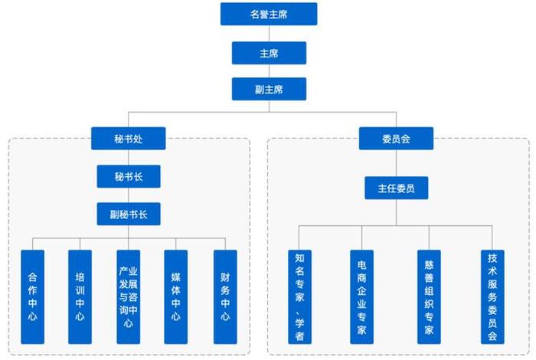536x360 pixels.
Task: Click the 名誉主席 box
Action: pyautogui.click(x=268, y=14)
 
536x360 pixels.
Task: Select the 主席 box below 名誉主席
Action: pyautogui.click(x=268, y=52)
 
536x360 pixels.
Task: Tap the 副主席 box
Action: pyautogui.click(x=268, y=89)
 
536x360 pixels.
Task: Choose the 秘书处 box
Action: pyautogui.click(x=129, y=139)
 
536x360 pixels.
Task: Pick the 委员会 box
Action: pyautogui.click(x=396, y=139)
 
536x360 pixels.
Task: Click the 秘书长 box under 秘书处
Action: pyautogui.click(x=129, y=176)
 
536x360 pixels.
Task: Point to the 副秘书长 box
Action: pyautogui.click(x=129, y=214)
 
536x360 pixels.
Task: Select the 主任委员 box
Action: pyautogui.click(x=396, y=188)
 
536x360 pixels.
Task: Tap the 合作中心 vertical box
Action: pyautogui.click(x=32, y=296)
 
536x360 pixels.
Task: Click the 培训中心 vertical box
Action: pyautogui.click(x=80, y=296)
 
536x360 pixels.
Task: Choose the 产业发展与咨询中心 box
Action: pyautogui.click(x=128, y=296)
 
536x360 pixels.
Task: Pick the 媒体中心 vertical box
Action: pyautogui.click(x=176, y=296)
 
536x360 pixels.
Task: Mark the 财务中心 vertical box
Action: pyautogui.click(x=225, y=296)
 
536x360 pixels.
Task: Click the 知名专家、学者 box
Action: pyautogui.click(x=299, y=296)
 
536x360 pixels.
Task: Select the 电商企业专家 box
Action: pyautogui.click(x=362, y=296)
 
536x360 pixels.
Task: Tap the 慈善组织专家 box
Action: pyautogui.click(x=429, y=296)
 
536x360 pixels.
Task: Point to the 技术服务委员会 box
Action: pyautogui.click(x=492, y=296)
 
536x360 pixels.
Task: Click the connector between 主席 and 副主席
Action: pyautogui.click(x=268, y=70)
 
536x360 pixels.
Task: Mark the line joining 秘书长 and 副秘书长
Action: pyautogui.click(x=129, y=195)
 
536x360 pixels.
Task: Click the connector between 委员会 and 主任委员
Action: pyautogui.click(x=396, y=163)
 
